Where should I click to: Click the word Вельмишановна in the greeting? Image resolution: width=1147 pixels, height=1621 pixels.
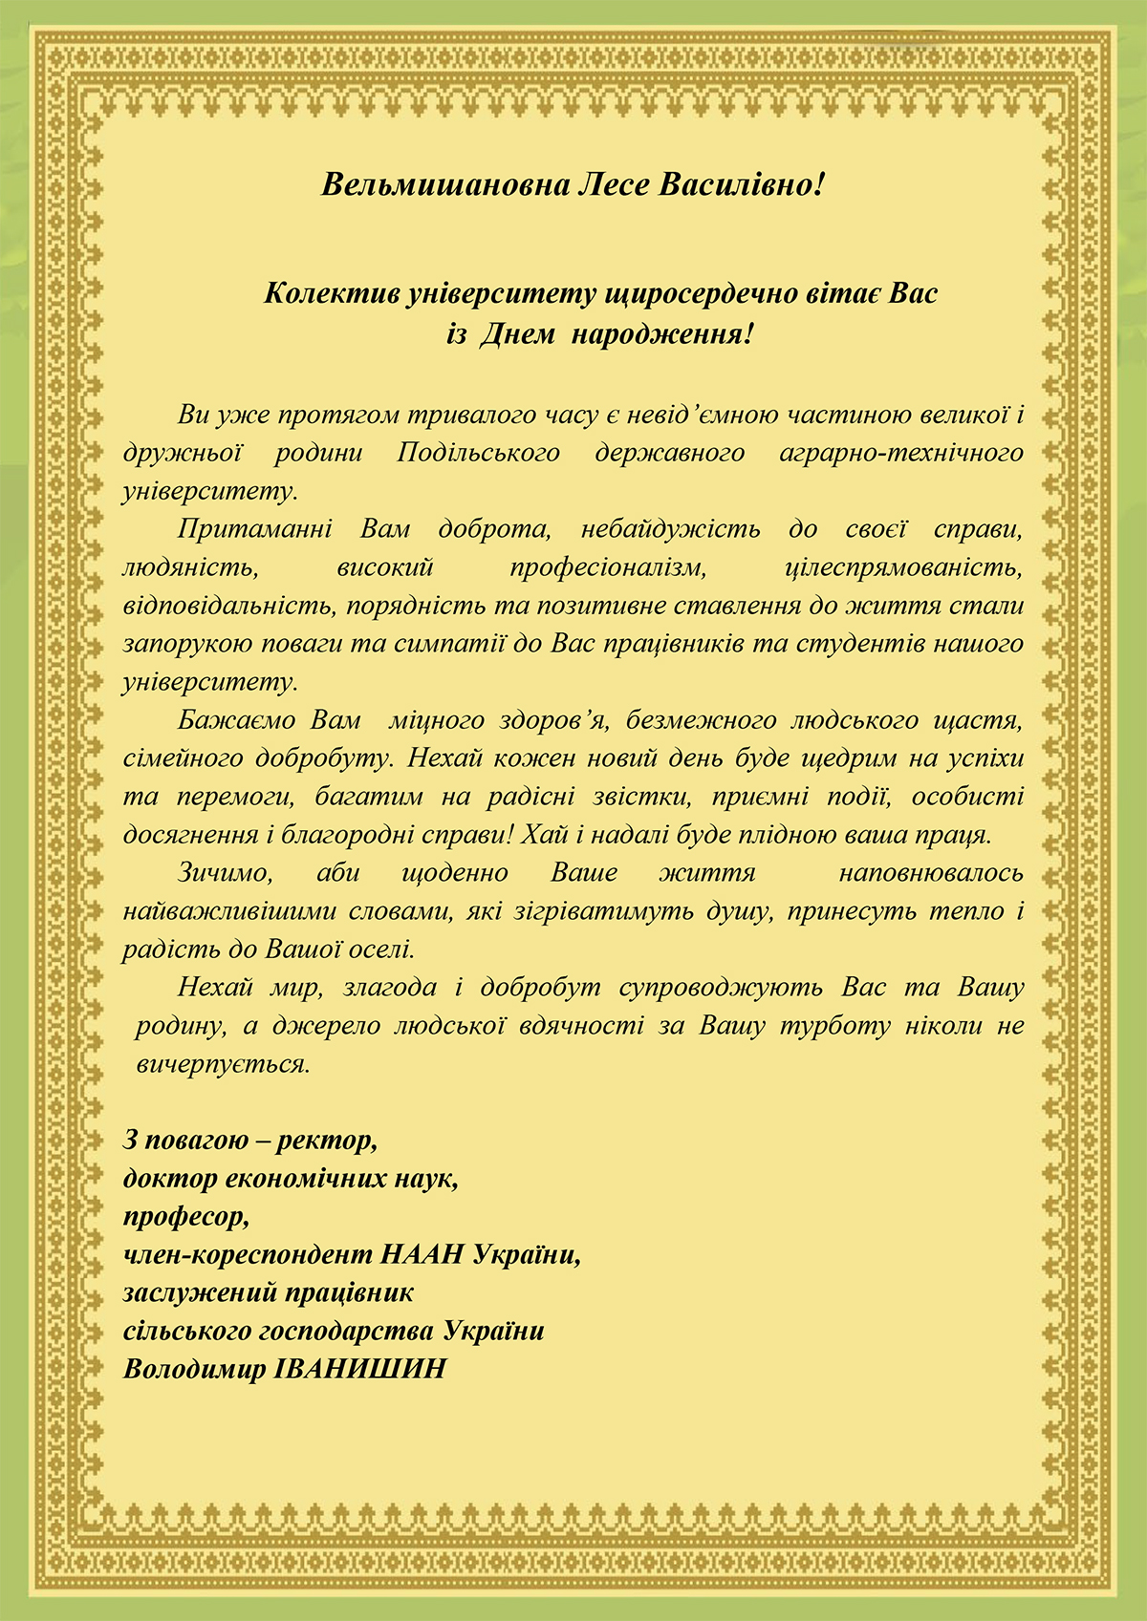444,183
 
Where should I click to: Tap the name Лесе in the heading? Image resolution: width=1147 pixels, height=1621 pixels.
614,183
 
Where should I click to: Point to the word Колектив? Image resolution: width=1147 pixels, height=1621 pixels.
331,293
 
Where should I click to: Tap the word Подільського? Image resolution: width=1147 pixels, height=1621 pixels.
478,453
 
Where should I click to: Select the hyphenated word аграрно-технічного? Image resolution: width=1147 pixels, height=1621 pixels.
901,453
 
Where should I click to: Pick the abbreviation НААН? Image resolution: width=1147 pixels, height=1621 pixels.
422,1255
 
